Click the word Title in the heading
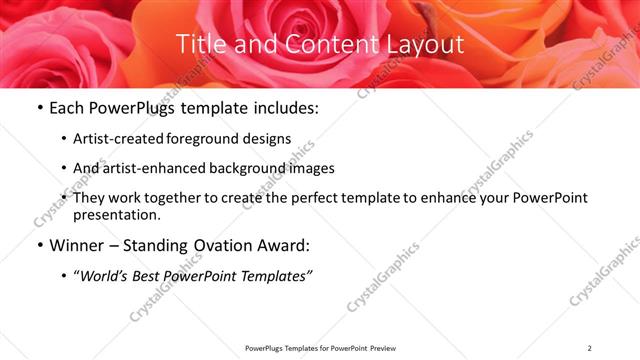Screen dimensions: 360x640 pyautogui.click(x=199, y=44)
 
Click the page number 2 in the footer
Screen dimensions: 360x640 pyautogui.click(x=590, y=348)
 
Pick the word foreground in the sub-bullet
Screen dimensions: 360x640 pyautogui.click(x=208, y=138)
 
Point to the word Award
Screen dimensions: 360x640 pyautogui.click(x=287, y=245)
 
